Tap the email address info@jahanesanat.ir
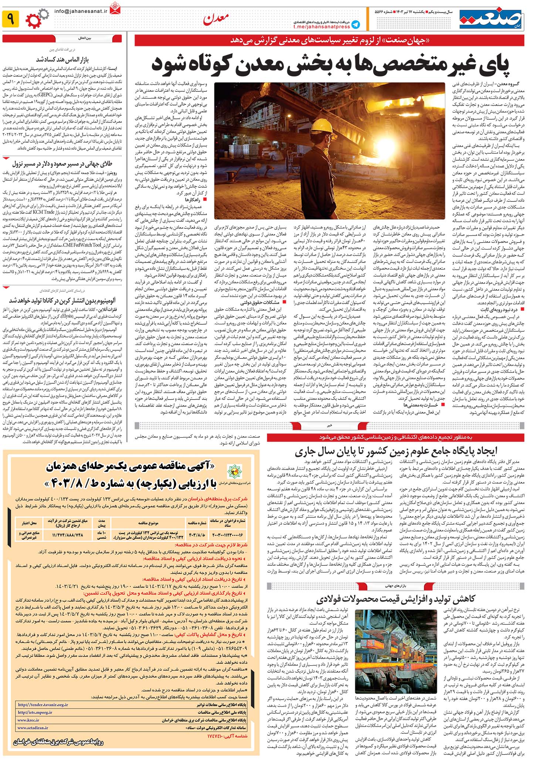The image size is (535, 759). click(81, 11)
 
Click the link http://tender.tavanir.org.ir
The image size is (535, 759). click(43, 705)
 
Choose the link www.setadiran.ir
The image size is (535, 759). click(33, 728)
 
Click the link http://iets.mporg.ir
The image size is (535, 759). click(35, 712)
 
